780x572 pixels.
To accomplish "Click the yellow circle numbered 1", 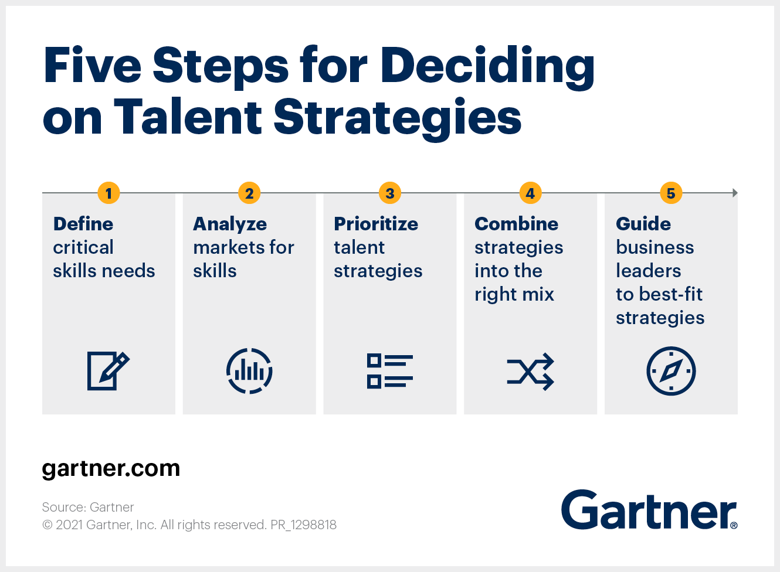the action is click(108, 193).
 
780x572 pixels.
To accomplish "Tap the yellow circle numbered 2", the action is click(249, 193).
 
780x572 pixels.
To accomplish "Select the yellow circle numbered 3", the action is click(390, 193).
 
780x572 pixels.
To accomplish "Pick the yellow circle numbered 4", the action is click(530, 193).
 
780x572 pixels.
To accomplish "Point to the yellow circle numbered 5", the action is click(671, 193).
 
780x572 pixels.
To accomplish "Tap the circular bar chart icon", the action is click(249, 371).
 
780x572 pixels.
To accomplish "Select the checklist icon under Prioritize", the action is click(390, 371).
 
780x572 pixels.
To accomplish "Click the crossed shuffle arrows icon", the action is click(530, 372).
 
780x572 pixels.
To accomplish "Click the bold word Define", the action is click(83, 224).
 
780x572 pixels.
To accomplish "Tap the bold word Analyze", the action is click(230, 224).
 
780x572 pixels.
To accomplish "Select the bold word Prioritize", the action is click(376, 224).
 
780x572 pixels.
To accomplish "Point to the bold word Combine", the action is click(517, 224).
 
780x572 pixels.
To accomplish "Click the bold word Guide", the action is click(643, 224).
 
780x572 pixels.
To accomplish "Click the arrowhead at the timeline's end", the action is click(735, 193).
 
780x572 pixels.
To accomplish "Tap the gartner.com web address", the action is click(111, 469).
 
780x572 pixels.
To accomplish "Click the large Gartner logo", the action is click(649, 510).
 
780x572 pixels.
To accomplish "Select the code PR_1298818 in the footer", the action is click(303, 525).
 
